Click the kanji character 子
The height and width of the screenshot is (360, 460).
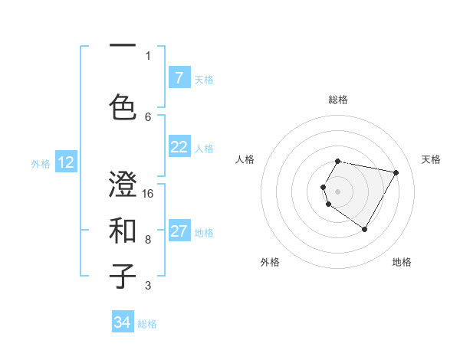(x=123, y=276)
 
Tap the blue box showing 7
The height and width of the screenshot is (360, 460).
(x=179, y=78)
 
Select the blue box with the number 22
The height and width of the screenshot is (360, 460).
(x=179, y=148)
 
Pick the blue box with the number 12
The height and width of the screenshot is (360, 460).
(x=66, y=162)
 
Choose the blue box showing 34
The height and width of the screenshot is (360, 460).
(x=123, y=322)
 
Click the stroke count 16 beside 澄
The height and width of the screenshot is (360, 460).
(x=149, y=194)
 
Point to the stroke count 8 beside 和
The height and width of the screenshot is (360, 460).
(x=148, y=239)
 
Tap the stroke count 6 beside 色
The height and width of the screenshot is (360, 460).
(x=148, y=117)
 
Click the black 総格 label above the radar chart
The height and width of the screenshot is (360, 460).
(x=337, y=100)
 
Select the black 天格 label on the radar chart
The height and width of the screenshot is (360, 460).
(x=431, y=159)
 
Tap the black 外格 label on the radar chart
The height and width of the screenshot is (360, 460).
(x=270, y=262)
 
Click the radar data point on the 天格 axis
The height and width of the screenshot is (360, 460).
(x=396, y=172)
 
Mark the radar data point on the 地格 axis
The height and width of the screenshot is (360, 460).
(x=364, y=229)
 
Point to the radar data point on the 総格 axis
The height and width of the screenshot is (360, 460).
(x=337, y=161)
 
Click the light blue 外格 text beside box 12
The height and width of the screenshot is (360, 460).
(x=40, y=163)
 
